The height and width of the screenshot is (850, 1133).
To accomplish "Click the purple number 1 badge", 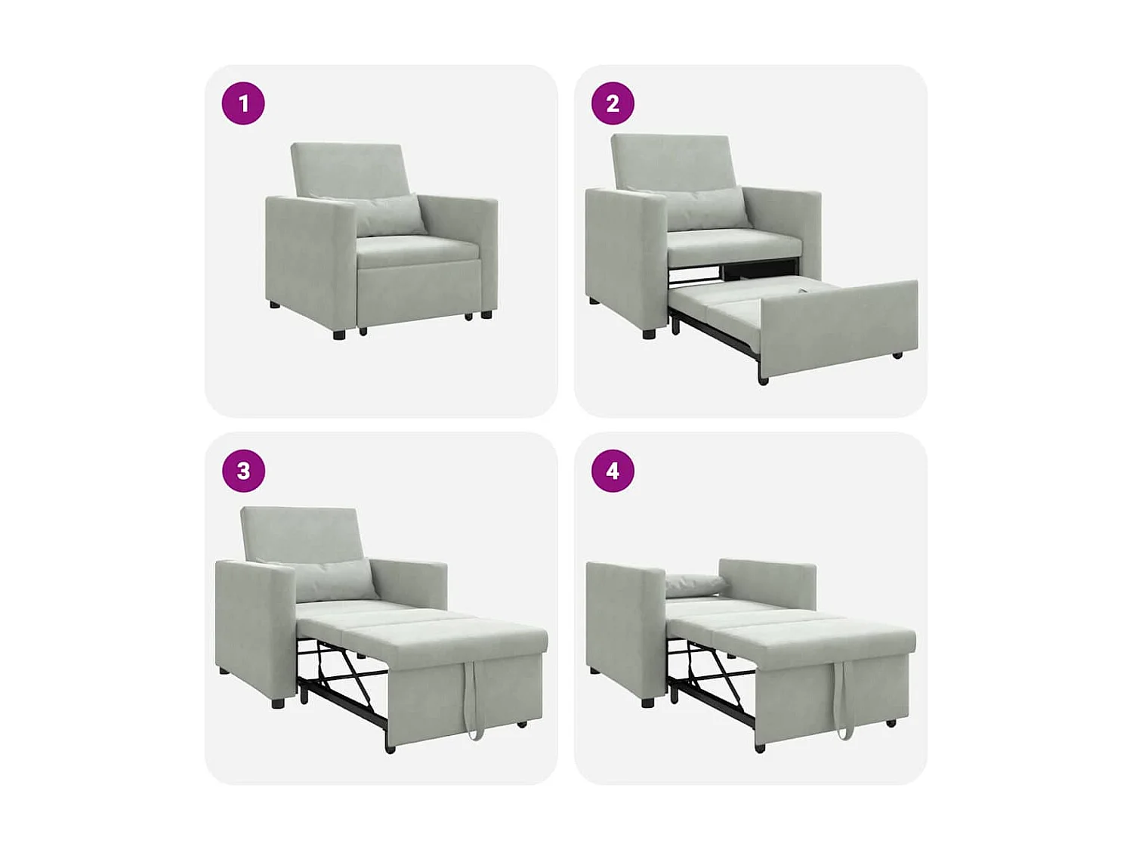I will click(243, 104).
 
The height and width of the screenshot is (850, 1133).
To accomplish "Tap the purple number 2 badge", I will click(613, 104).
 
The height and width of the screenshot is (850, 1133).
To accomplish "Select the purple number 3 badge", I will click(243, 471).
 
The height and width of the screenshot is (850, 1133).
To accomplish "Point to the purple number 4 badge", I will click(613, 471).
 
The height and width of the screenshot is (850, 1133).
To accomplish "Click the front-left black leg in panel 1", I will click(339, 333).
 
